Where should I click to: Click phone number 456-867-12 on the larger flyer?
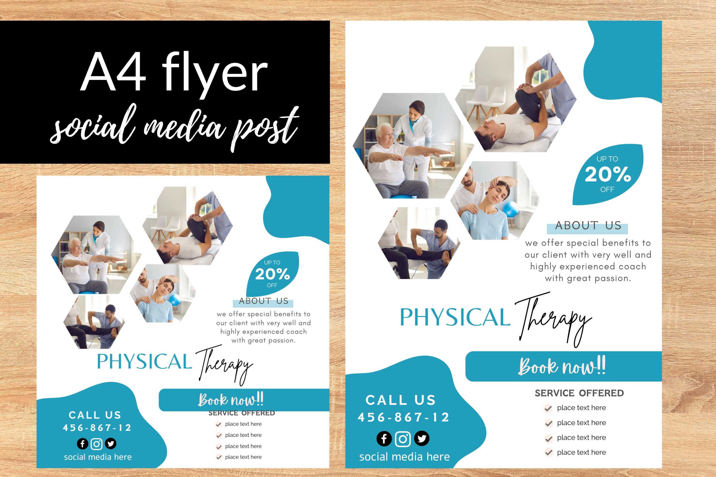403,417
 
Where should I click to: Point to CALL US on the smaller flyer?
95,415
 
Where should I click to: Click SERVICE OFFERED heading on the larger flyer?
579,393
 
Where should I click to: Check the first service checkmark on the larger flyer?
548,408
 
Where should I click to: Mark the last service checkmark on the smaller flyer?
219,457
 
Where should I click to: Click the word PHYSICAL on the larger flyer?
454,317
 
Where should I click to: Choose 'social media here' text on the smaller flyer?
98,457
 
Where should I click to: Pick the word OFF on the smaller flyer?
272,285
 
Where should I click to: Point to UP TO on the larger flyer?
607,159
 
